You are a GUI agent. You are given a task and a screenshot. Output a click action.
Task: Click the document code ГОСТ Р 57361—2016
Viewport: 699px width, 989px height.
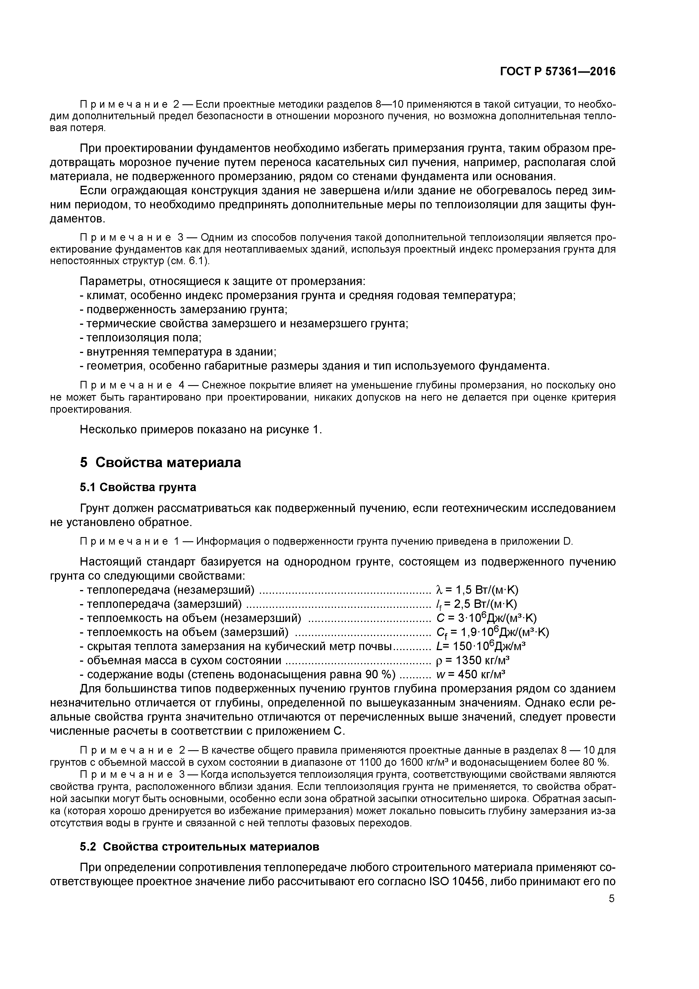[558, 72]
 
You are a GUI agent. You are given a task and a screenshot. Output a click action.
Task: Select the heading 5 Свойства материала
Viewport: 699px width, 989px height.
[160, 462]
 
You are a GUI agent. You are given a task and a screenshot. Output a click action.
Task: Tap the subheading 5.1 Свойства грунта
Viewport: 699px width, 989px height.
[138, 487]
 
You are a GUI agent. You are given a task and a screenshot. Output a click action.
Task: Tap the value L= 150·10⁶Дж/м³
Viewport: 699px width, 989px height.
[481, 646]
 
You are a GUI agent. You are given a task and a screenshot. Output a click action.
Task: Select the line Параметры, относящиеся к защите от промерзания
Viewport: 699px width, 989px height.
[223, 281]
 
